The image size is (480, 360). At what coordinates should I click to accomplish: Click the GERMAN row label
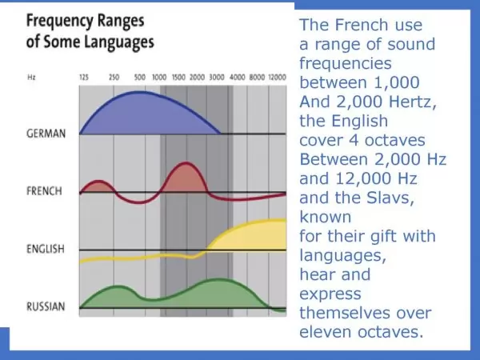click(x=46, y=134)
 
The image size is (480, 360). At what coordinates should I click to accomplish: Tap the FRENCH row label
click(x=44, y=191)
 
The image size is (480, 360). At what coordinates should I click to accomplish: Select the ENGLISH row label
click(x=46, y=249)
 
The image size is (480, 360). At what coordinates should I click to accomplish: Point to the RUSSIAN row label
click(x=46, y=306)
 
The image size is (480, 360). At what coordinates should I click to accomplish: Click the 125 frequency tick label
click(x=84, y=77)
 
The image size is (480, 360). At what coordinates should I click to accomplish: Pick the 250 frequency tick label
click(x=114, y=77)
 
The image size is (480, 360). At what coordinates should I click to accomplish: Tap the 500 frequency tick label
click(x=139, y=77)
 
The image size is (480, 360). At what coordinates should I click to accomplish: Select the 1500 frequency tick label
click(x=178, y=77)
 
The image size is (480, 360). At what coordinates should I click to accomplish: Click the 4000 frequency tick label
click(x=238, y=77)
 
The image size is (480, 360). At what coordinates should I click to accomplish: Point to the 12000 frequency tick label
click(x=278, y=77)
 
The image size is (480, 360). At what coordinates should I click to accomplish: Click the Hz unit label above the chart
click(x=31, y=77)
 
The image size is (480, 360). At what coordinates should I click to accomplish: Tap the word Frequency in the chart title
click(x=60, y=22)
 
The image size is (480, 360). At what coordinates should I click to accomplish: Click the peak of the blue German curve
click(x=139, y=91)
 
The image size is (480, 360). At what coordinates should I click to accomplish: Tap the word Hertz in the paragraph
click(x=412, y=102)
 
